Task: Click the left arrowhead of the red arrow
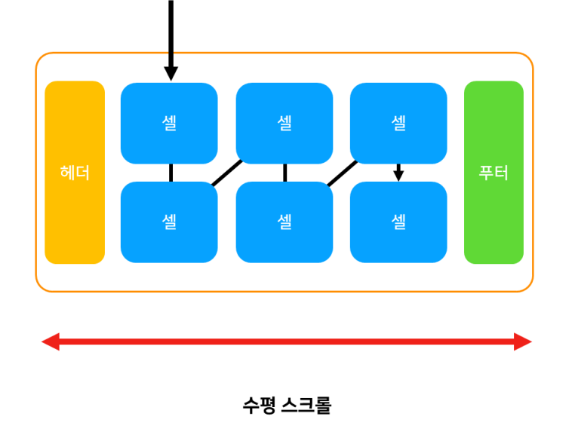(51, 342)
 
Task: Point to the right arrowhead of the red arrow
(523, 342)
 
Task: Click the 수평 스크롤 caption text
(287, 406)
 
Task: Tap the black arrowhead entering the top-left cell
(171, 73)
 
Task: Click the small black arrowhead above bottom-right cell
(399, 175)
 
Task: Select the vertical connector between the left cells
(171, 173)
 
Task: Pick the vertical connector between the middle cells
(284, 173)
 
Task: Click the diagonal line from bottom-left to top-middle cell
(226, 173)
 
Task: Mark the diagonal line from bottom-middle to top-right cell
(342, 173)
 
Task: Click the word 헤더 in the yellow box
(75, 173)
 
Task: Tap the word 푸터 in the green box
(494, 173)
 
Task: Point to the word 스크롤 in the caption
(306, 406)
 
